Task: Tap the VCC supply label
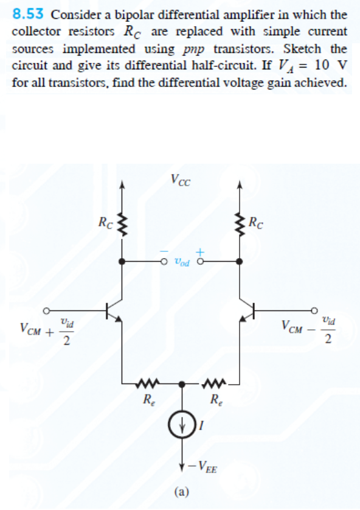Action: [181, 180]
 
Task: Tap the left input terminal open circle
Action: [45, 309]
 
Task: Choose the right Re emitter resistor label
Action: [215, 400]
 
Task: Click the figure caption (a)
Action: [181, 491]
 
